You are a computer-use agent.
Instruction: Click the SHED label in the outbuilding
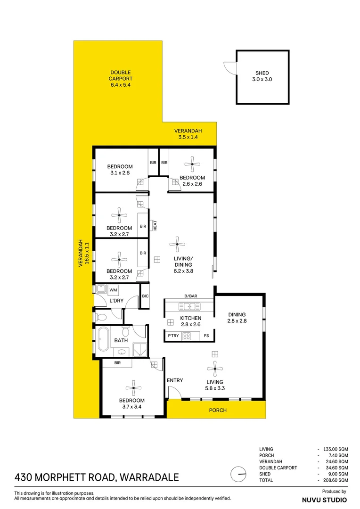[x=262, y=76]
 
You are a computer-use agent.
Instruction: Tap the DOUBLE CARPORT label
[x=121, y=79]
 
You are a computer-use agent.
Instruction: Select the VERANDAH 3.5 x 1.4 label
[x=188, y=134]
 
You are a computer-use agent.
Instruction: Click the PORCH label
[x=218, y=410]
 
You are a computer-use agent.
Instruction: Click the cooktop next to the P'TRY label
[x=186, y=336]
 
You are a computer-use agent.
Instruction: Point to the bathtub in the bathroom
[x=103, y=339]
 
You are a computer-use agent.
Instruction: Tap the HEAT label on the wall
[x=154, y=225]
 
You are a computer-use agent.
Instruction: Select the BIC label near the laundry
[x=145, y=296]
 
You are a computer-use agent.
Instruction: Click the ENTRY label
[x=175, y=380]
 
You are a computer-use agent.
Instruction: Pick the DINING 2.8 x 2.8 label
[x=237, y=318]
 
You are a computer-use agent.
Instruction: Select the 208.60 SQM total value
[x=335, y=480]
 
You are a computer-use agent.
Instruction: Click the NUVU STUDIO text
[x=324, y=500]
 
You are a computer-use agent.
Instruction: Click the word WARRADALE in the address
[x=149, y=477]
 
